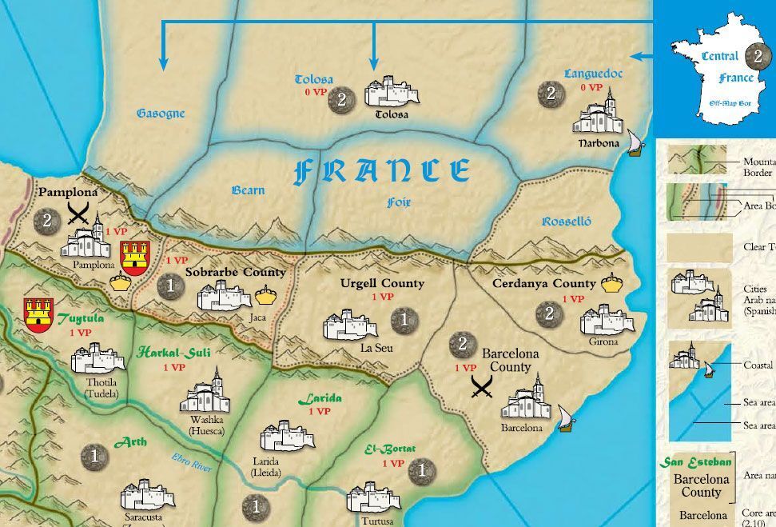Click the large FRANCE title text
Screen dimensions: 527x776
(x=382, y=170)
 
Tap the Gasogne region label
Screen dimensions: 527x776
(x=160, y=114)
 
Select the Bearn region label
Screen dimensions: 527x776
(x=248, y=190)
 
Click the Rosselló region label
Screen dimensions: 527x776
(x=566, y=222)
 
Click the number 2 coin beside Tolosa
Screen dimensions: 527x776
(x=341, y=99)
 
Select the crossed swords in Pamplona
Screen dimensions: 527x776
(x=78, y=213)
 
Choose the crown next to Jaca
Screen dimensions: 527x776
(x=265, y=297)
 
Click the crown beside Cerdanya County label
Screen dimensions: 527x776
(x=611, y=281)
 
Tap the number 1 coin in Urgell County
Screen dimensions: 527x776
(x=404, y=321)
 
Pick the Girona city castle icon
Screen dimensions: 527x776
(x=599, y=320)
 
